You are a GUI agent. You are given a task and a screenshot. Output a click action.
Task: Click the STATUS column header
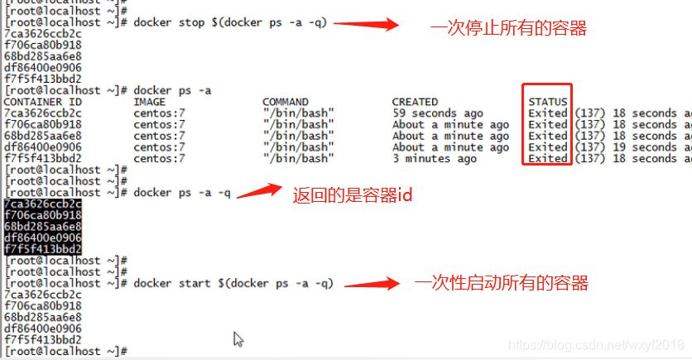click(548, 102)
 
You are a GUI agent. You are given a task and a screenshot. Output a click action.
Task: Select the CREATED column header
click(415, 102)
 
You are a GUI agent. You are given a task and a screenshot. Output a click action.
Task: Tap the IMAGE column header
click(151, 102)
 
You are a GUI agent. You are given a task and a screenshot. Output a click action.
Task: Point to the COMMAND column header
click(286, 102)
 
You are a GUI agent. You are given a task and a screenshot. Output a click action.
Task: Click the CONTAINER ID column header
click(43, 102)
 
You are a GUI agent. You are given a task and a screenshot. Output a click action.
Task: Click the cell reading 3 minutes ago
click(435, 158)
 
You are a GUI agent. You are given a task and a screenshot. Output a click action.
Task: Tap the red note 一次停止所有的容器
click(508, 29)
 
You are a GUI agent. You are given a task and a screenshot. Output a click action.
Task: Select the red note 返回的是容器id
click(353, 196)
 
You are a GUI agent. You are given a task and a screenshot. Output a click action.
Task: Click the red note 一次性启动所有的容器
click(502, 284)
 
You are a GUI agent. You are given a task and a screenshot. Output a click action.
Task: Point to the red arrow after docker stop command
click(365, 24)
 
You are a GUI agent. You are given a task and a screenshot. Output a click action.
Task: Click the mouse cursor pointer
click(238, 338)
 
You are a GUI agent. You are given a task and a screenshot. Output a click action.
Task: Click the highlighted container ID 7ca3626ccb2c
click(43, 204)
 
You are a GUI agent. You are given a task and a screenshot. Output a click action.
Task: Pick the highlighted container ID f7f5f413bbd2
click(43, 248)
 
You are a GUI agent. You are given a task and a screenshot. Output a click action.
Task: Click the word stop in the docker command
click(193, 22)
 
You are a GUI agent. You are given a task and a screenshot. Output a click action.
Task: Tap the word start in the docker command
click(195, 283)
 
